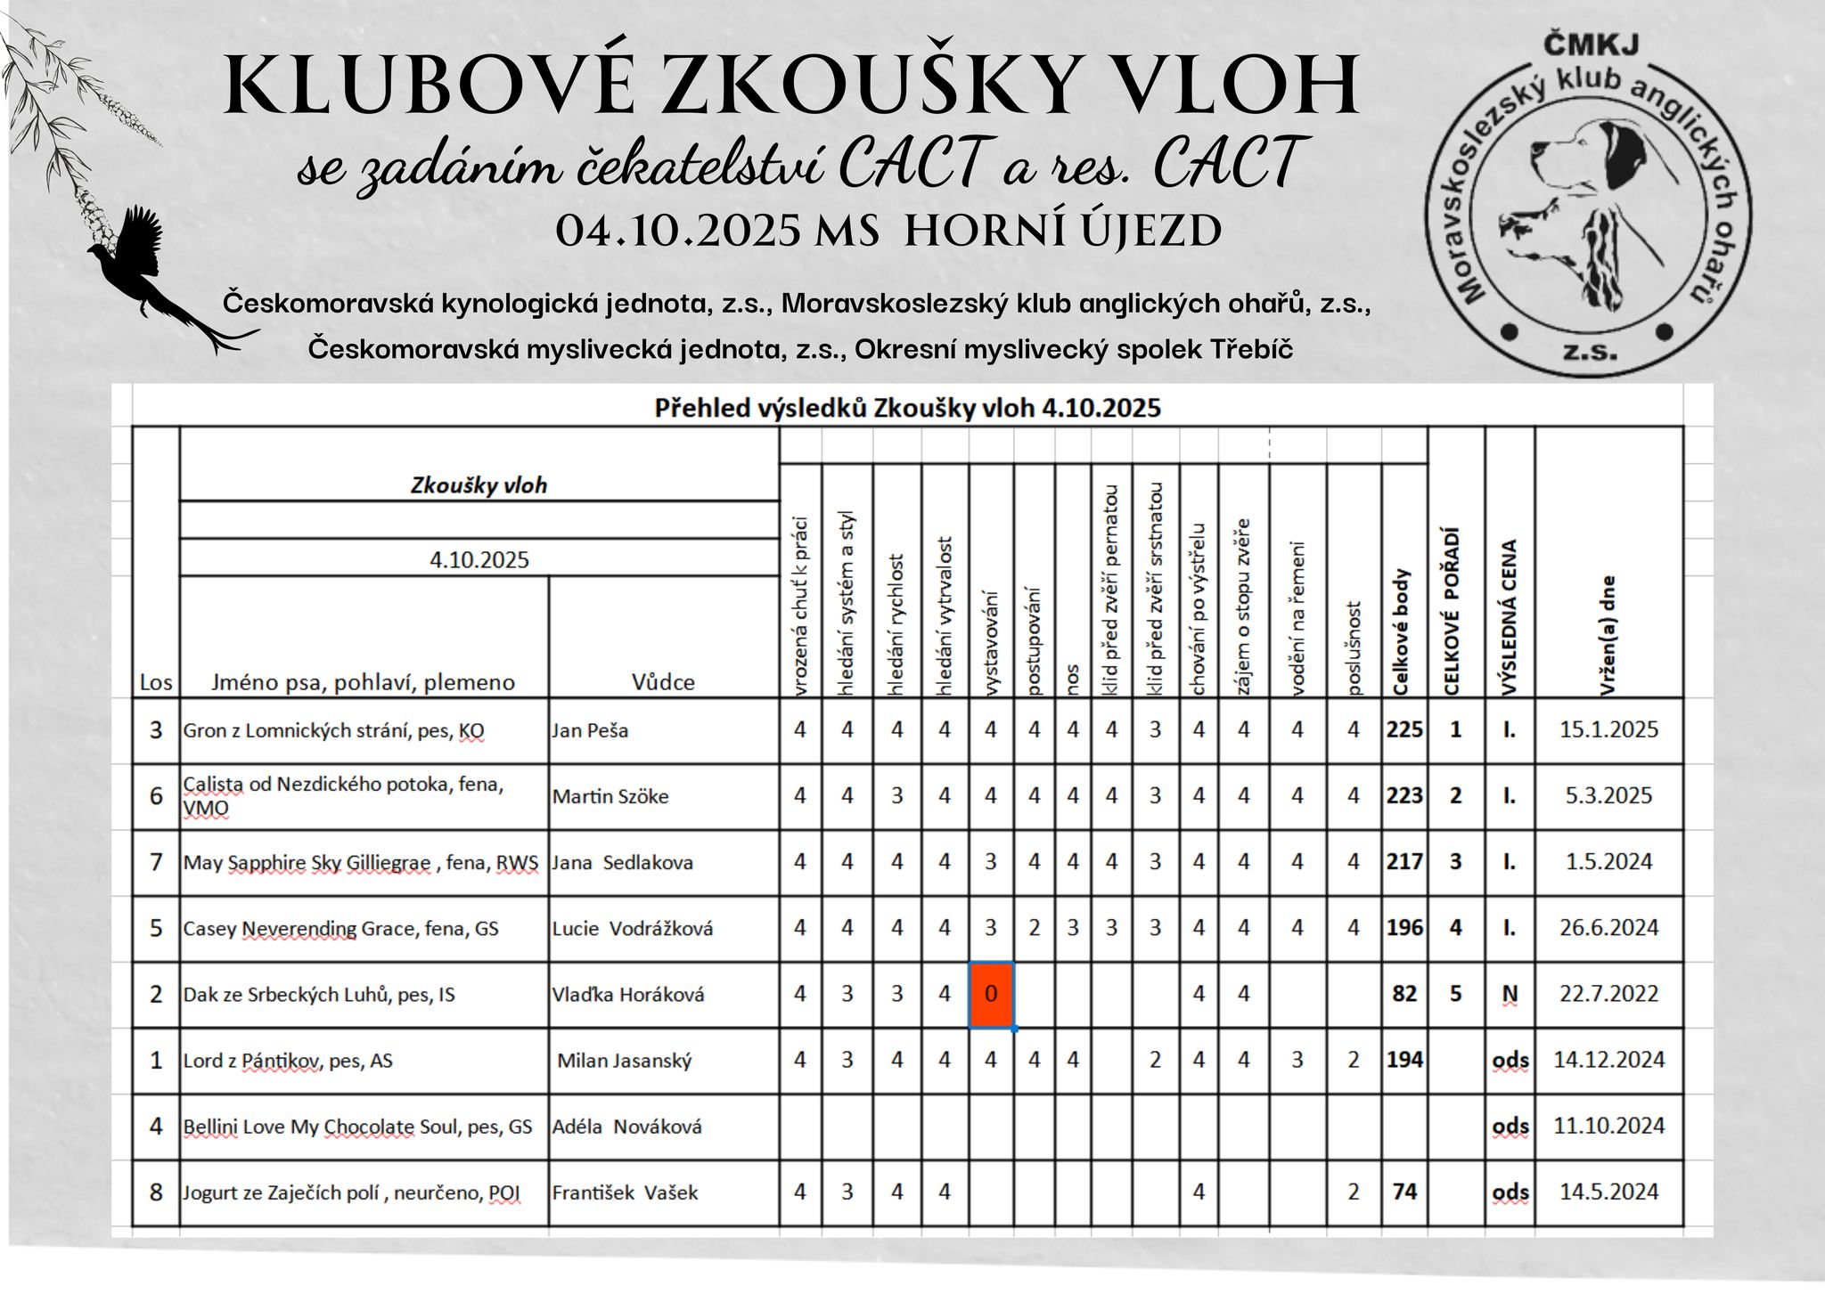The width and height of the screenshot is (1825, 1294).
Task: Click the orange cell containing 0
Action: [x=991, y=994]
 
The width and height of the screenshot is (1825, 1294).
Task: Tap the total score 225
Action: [x=1404, y=730]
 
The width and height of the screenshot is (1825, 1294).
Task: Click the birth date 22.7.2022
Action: [x=1608, y=994]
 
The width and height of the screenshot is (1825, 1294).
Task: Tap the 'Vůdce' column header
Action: [x=663, y=682]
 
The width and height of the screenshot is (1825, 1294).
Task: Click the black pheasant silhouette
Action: [x=147, y=267]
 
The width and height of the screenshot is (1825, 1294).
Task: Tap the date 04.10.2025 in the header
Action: [x=678, y=232]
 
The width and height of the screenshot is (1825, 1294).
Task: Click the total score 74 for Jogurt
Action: [x=1404, y=1192]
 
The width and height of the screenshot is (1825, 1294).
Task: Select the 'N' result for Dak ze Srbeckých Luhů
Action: [x=1510, y=994]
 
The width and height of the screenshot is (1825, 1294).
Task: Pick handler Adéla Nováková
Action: [x=626, y=1127]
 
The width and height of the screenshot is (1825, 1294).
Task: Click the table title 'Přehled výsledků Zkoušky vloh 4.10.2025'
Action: [x=907, y=408]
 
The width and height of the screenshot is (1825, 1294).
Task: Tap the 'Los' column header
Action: [x=156, y=683]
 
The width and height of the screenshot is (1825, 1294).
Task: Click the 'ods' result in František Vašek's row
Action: [x=1510, y=1192]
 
